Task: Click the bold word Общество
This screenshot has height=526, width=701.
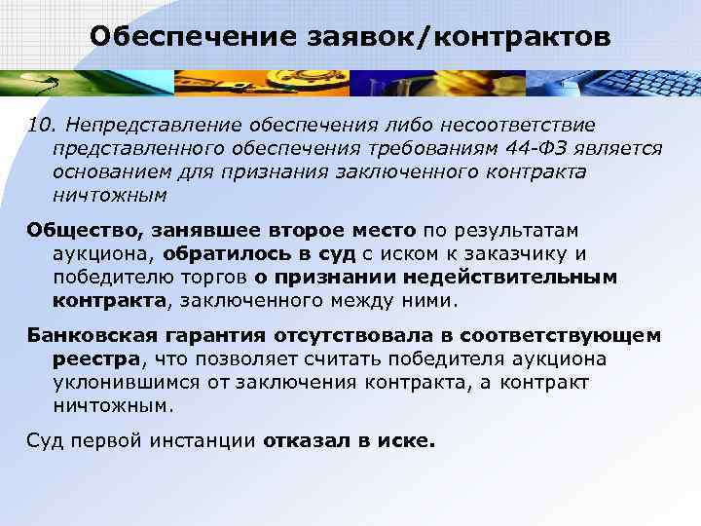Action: pos(84,231)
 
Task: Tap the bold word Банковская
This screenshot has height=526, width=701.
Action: pos(88,335)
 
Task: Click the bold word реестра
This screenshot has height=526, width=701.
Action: pos(95,358)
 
